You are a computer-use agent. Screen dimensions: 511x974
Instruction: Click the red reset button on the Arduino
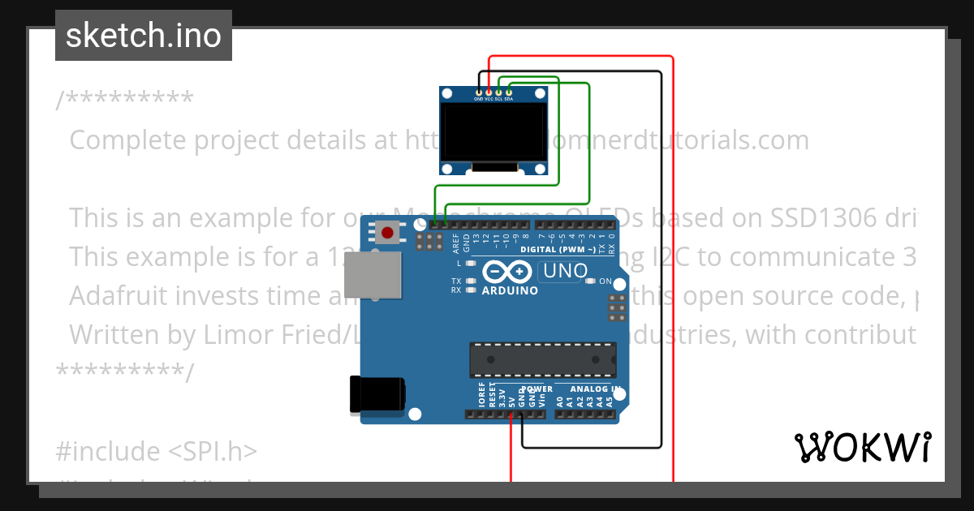tap(388, 234)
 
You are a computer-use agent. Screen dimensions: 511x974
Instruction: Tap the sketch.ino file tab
tap(144, 36)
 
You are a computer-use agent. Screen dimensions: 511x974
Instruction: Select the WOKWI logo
tap(862, 447)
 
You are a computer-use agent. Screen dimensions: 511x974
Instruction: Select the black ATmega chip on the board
tap(542, 360)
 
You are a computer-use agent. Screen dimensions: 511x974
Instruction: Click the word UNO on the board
tap(562, 272)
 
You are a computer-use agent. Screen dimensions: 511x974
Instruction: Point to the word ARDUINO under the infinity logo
tap(510, 290)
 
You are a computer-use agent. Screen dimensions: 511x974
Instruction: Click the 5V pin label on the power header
tap(512, 399)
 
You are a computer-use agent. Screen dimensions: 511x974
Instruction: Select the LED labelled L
tap(470, 264)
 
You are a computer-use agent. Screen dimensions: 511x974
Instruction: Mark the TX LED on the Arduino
tap(470, 281)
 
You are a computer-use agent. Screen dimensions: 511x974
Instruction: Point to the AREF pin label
tap(455, 241)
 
